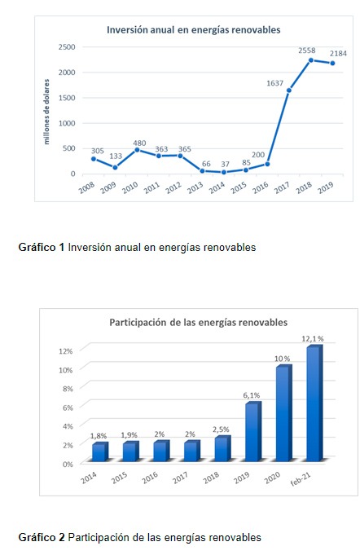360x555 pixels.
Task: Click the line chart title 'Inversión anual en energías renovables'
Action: coord(193,29)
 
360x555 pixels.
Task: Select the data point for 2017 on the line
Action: coord(289,90)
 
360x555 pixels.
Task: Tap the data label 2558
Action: coord(306,51)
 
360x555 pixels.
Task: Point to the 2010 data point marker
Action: coord(137,150)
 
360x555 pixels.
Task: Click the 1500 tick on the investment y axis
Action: coord(67,98)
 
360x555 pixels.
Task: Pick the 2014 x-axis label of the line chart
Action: coord(217,187)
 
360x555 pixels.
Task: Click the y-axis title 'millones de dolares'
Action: coord(46,112)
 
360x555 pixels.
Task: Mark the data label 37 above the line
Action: coord(226,165)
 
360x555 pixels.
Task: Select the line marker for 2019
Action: coord(332,64)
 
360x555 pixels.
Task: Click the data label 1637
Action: coord(274,83)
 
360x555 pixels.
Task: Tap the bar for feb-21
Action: coord(314,403)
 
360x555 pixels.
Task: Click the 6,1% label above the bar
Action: coord(252,395)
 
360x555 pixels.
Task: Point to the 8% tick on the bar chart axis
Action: coord(68,389)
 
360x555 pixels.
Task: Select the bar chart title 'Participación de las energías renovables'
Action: coord(199,323)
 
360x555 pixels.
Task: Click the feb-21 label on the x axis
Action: coord(301,479)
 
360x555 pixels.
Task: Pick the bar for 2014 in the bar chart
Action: coord(100,451)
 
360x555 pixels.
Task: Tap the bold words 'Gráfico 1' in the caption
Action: coord(42,247)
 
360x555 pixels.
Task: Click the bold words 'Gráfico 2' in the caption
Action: coord(42,537)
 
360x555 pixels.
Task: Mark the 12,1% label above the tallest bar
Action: coord(313,339)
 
